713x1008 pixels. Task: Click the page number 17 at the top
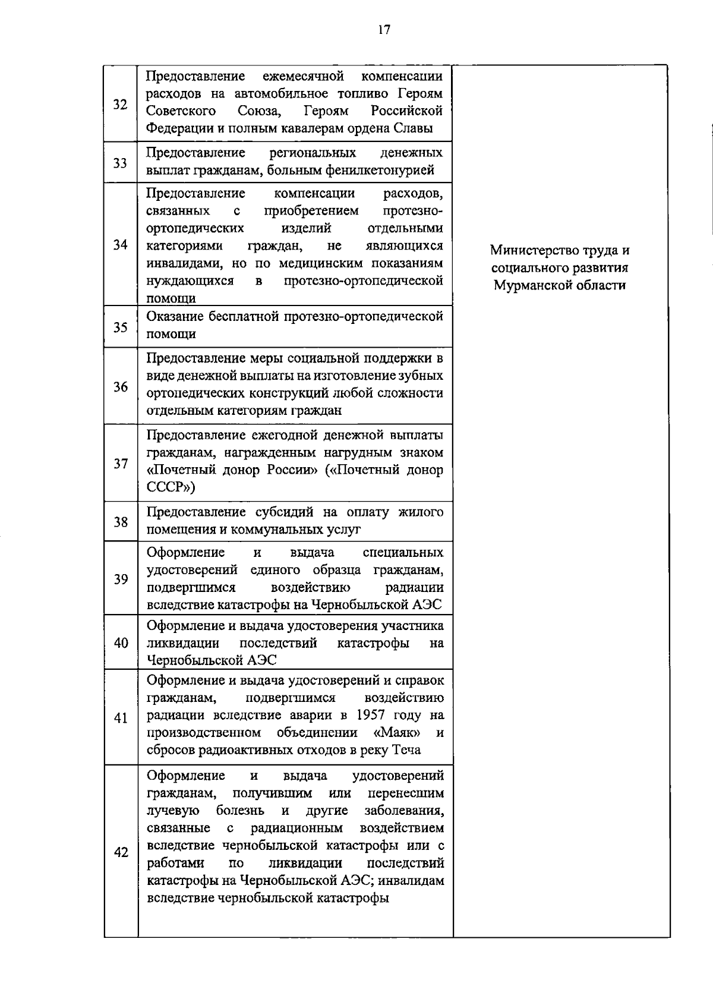click(384, 30)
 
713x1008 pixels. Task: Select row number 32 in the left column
click(121, 105)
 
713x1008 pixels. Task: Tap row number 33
click(121, 162)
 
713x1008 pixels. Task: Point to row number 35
click(121, 327)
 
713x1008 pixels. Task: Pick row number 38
click(121, 522)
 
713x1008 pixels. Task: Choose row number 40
click(121, 642)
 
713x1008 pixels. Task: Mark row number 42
click(121, 852)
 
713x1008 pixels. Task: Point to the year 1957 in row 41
click(372, 715)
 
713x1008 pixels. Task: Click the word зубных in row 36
click(422, 376)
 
